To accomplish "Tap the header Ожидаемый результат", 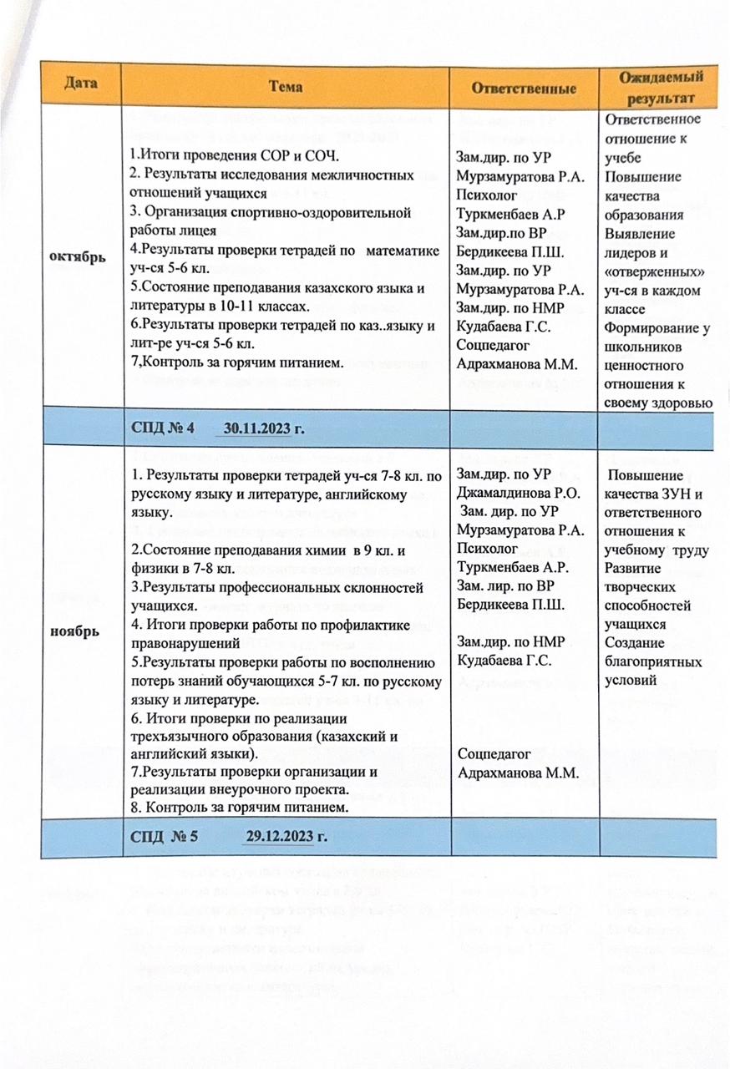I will [x=661, y=87].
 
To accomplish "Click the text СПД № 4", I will [x=162, y=428].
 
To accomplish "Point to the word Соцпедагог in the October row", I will [x=494, y=345].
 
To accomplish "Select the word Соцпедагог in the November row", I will [x=494, y=753].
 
